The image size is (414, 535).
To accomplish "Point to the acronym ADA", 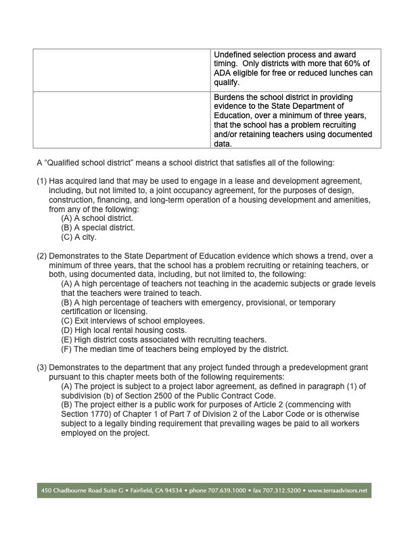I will (224, 73).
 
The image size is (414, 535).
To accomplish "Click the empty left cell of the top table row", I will (121, 69).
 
